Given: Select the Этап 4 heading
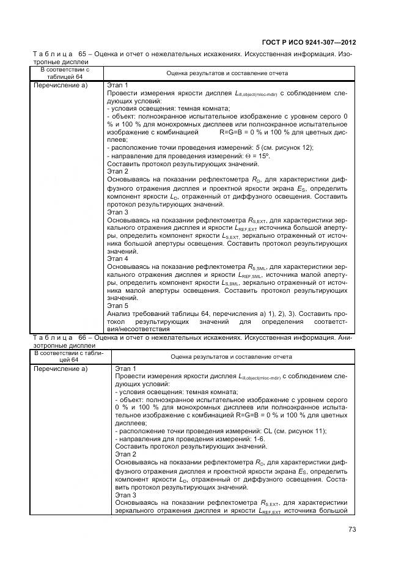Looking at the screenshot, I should tap(117, 258).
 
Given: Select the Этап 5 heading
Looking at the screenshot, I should tap(117, 304).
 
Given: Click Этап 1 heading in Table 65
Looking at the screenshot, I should tap(117, 85).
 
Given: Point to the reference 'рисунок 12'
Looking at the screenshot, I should tap(294, 147).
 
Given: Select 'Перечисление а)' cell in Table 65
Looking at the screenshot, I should tap(61, 85).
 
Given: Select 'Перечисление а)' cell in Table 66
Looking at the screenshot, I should tap(61, 369).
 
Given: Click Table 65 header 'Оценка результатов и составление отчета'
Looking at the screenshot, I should tap(227, 73).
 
